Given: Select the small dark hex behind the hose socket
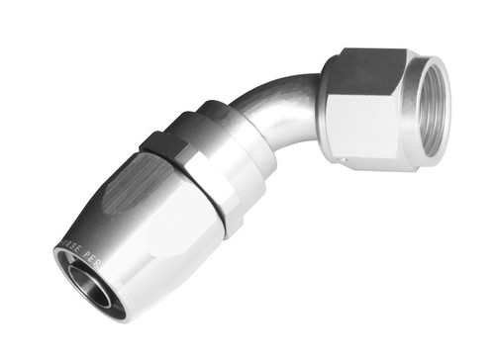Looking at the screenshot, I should pos(166,145).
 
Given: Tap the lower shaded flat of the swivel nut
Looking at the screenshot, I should pos(366,163).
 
